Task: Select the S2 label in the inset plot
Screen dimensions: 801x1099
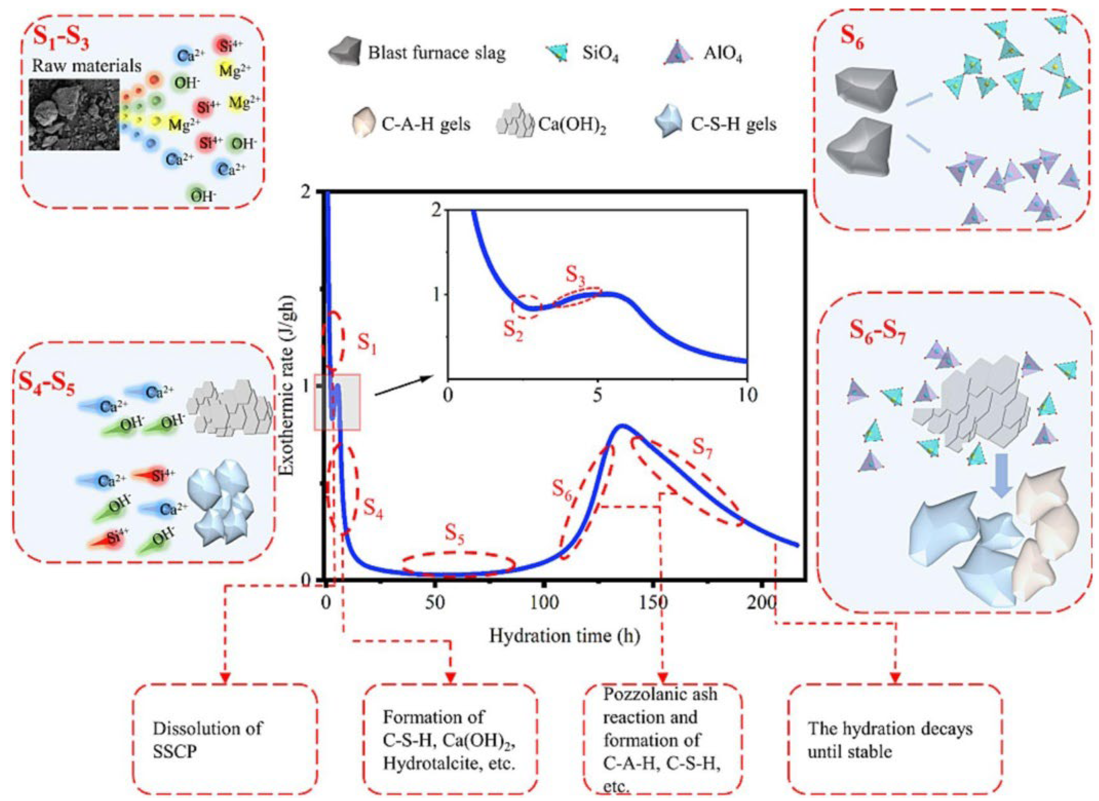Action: coord(514,331)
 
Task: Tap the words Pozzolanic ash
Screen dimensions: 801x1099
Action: coord(660,694)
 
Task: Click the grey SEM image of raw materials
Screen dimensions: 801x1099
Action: coord(74,114)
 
